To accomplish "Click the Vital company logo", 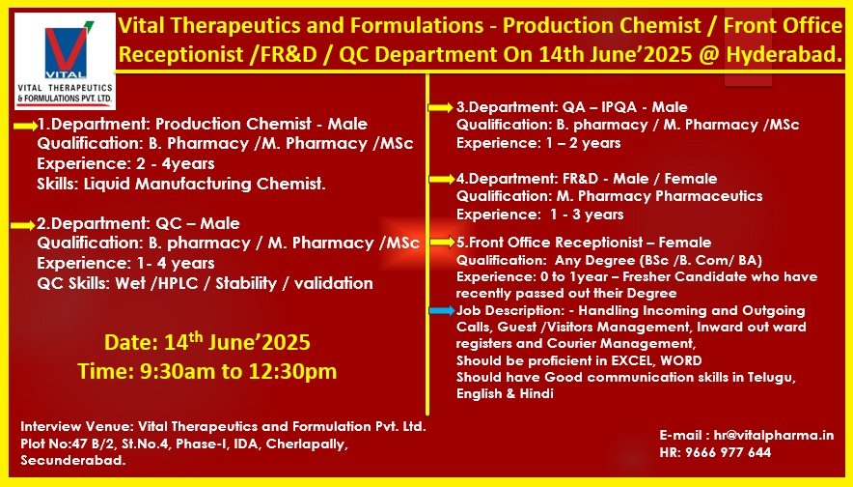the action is tap(65, 61).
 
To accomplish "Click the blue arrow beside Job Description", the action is tap(442, 310).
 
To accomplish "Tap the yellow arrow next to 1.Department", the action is tap(25, 126).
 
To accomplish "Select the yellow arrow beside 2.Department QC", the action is tap(23, 225).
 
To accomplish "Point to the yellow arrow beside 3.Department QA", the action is tap(441, 108).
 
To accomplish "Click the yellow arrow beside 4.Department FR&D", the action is tap(442, 179).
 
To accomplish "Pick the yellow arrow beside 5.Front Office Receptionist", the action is tap(442, 243).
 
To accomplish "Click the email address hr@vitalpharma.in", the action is tap(774, 435).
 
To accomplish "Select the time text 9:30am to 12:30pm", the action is tap(238, 371).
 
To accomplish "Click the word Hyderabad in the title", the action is tap(784, 54).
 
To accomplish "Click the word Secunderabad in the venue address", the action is tap(73, 460).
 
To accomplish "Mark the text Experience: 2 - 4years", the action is tap(125, 163).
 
